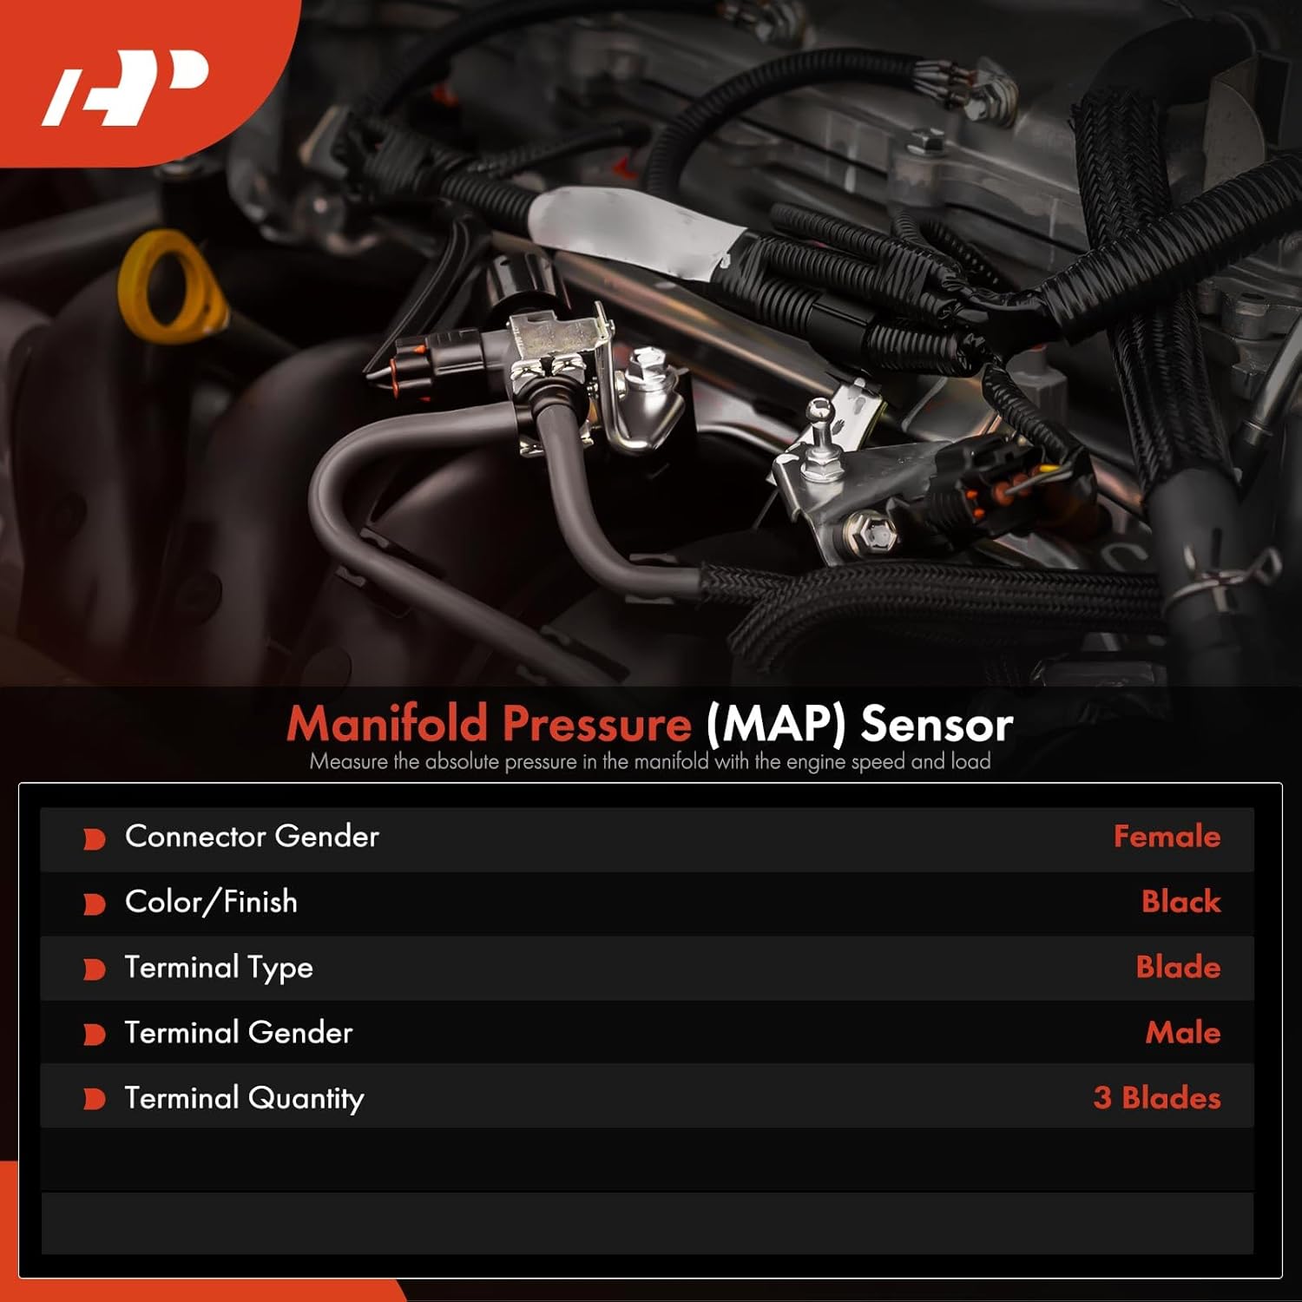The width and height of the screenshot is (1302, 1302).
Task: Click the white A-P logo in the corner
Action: pyautogui.click(x=126, y=88)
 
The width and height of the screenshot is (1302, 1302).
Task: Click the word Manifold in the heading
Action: pyautogui.click(x=387, y=723)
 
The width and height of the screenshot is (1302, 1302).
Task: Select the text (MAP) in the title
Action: pyautogui.click(x=775, y=724)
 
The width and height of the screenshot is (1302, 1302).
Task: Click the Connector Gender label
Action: pyautogui.click(x=252, y=836)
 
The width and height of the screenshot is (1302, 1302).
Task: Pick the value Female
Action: pyautogui.click(x=1166, y=836)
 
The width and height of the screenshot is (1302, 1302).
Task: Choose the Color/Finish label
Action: pyautogui.click(x=211, y=902)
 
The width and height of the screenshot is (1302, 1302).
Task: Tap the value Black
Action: pyautogui.click(x=1180, y=902)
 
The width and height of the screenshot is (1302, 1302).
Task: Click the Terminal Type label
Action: pyautogui.click(x=219, y=967)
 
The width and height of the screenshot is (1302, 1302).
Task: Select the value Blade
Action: pyautogui.click(x=1178, y=967)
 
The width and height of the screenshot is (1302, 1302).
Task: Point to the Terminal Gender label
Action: pyautogui.click(x=239, y=1032)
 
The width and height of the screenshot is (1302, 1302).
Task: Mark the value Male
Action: pyautogui.click(x=1182, y=1032)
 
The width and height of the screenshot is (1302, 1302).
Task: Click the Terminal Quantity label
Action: pyautogui.click(x=244, y=1098)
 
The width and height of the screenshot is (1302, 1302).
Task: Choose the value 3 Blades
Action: pyautogui.click(x=1156, y=1098)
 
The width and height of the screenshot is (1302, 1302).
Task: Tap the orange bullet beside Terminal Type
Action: pyautogui.click(x=94, y=969)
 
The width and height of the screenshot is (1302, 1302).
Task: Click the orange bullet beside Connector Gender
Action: pyautogui.click(x=94, y=838)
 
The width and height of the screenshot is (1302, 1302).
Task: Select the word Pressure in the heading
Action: pyautogui.click(x=597, y=723)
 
